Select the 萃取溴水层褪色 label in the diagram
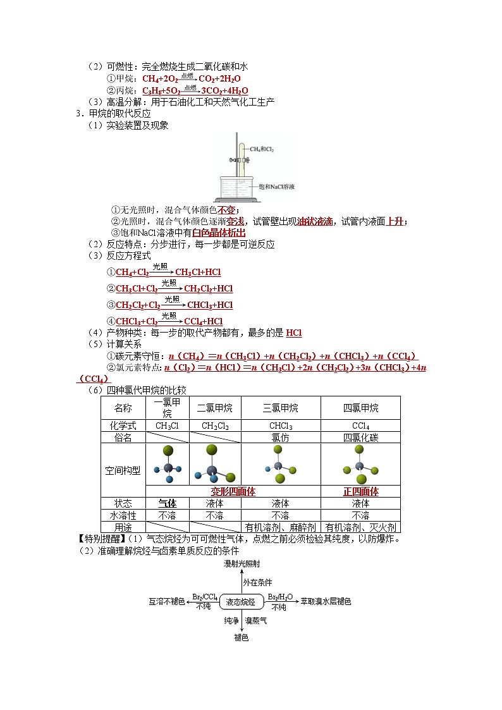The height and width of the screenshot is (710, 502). click(x=326, y=601)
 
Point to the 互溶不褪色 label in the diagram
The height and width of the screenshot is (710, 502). click(x=167, y=601)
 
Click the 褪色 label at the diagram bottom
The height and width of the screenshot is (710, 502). click(x=241, y=638)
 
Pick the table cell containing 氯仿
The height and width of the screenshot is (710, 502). click(x=281, y=438)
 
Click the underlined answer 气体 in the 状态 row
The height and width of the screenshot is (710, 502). click(x=167, y=504)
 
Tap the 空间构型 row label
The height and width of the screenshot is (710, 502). click(x=123, y=470)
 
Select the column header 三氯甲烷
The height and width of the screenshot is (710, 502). click(x=281, y=408)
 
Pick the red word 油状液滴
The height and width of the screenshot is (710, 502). click(x=315, y=221)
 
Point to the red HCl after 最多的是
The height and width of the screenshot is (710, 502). click(x=294, y=333)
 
